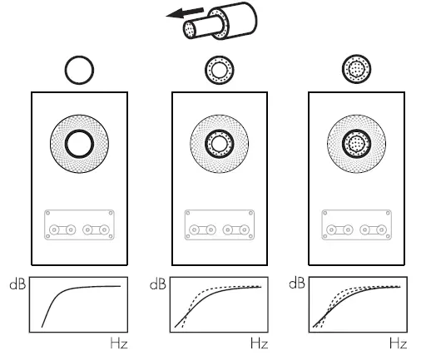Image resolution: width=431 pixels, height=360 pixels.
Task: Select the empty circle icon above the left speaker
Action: point(80,72)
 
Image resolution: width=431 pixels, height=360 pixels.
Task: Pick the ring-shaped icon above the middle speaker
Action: point(219,72)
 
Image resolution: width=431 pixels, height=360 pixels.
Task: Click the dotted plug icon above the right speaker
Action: point(356,72)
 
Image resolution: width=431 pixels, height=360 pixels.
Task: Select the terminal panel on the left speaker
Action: point(80,225)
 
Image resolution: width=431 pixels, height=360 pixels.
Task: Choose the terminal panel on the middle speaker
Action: point(219,225)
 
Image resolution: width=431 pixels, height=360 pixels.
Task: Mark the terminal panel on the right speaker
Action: point(356,225)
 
